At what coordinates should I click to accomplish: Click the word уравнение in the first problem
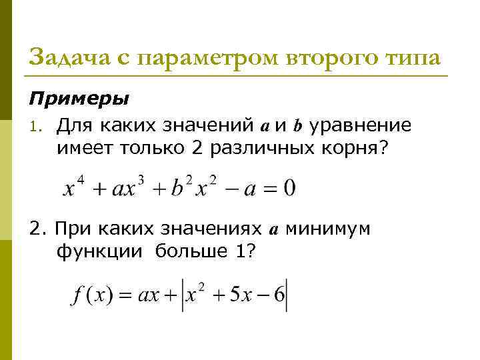pos(364,125)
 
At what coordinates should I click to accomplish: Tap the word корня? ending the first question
pos(347,149)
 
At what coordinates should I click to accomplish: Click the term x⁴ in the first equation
pos(69,188)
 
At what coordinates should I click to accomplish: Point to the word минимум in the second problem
pos(323,229)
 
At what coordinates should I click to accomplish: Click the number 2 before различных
pos(197,149)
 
